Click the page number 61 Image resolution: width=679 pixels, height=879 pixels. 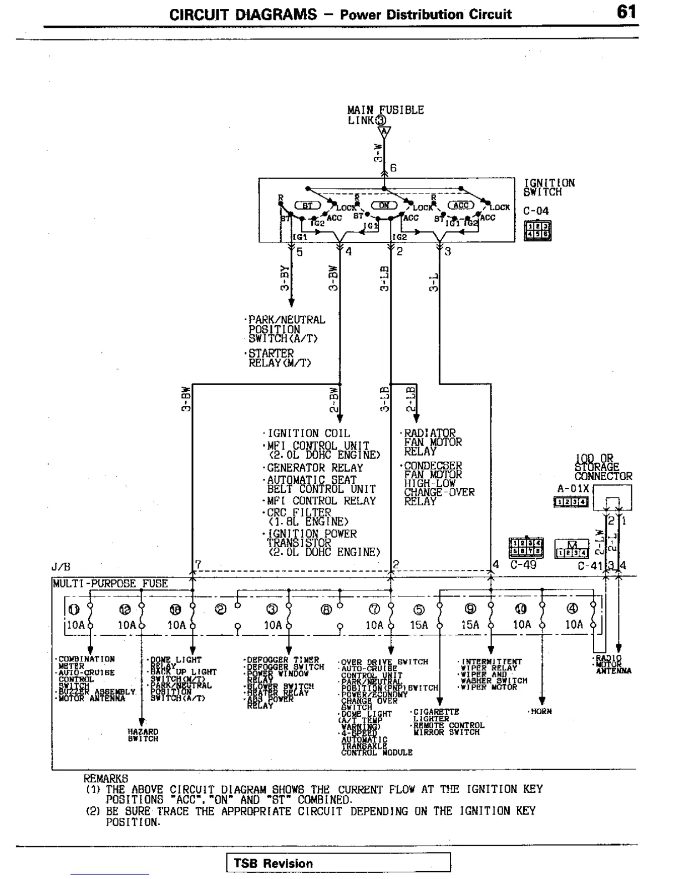(626, 12)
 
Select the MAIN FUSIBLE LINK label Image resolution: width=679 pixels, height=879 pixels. (385, 114)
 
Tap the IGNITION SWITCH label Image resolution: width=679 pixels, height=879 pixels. (549, 187)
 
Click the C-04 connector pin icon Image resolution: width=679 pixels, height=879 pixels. (537, 230)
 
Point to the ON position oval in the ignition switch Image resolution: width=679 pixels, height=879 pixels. (384, 205)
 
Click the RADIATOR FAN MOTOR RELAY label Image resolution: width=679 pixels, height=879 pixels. (432, 442)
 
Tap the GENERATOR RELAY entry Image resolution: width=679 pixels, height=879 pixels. (315, 468)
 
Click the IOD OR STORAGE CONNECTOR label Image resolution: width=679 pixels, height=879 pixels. (602, 467)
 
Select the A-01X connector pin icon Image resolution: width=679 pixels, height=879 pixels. (571, 502)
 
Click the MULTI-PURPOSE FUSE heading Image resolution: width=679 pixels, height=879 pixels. (110, 583)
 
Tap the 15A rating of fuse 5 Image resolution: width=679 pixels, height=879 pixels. (419, 625)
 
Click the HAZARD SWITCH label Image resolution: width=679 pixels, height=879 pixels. (143, 735)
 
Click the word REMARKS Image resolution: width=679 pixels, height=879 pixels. (105, 779)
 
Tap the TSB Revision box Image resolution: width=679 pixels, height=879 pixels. (338, 863)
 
